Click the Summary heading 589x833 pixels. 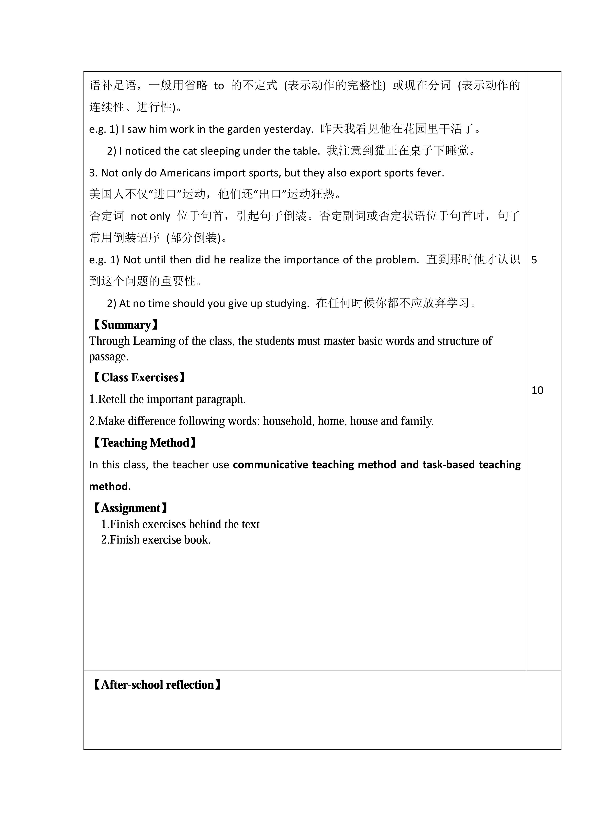tap(126, 325)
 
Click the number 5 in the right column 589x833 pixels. tap(534, 260)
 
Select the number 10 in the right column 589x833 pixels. tap(537, 390)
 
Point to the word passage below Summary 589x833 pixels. tap(108, 357)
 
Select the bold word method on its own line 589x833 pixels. tap(110, 487)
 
